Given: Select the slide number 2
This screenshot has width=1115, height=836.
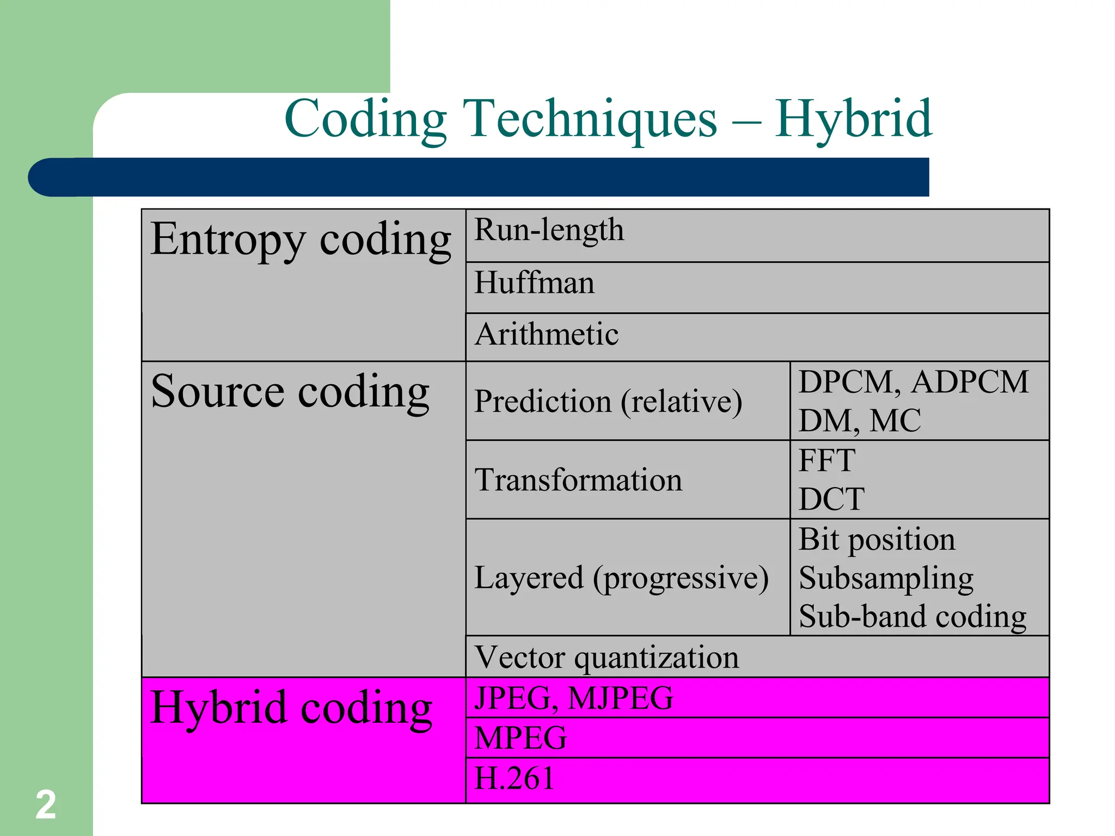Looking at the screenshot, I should pos(46,804).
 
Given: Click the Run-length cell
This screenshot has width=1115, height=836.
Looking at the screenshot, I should pos(549,230).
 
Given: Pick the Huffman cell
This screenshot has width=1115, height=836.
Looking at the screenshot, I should pos(534,283).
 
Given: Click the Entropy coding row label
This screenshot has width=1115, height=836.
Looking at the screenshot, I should pos(301,240).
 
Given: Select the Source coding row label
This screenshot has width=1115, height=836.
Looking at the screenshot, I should pos(290,392).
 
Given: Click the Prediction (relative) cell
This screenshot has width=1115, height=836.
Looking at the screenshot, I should pos(608,402).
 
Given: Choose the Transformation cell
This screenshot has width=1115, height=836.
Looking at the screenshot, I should pos(578,480).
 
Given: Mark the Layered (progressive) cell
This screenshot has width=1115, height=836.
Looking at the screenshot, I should pos(621,577).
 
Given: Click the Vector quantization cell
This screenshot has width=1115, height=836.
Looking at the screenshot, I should pos(606,657).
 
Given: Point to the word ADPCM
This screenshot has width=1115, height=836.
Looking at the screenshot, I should pos(970,382).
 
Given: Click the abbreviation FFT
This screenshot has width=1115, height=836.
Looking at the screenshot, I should pos(827,460).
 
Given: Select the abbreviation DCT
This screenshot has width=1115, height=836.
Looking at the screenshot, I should pos(831,499).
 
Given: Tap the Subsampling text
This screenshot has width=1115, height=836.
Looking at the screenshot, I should pos(886,579).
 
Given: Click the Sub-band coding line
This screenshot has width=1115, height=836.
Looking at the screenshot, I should pos(912,617).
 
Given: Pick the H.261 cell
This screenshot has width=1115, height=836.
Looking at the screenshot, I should pos(514,778).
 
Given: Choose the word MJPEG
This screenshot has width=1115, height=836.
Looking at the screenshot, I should pos(620,698).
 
